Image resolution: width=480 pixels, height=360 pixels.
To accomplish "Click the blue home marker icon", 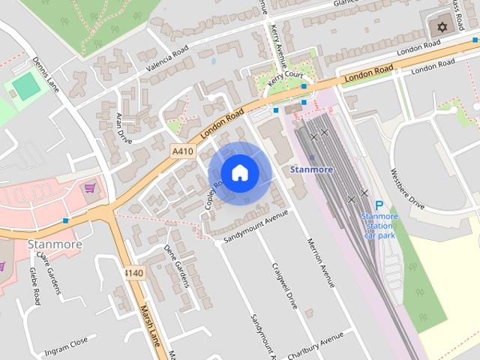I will (x=239, y=173).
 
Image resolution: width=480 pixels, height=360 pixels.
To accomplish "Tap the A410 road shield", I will (x=182, y=151).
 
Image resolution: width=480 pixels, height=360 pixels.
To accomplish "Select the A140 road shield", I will (x=134, y=272).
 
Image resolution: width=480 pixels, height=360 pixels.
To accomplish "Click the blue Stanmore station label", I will (x=311, y=169).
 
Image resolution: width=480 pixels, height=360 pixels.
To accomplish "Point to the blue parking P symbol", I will (x=379, y=205).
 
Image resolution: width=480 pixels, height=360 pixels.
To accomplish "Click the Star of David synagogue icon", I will (x=441, y=28).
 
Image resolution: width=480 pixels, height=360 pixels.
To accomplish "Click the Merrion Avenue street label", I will (x=318, y=263).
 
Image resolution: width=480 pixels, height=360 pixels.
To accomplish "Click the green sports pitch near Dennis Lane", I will (x=26, y=86).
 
